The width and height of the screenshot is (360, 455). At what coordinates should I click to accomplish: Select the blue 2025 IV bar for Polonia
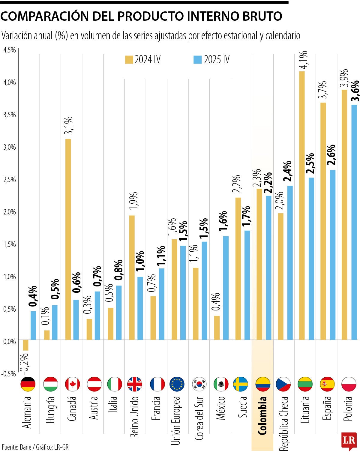pos(354,222)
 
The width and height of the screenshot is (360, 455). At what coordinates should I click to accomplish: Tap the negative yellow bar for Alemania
pos(26,345)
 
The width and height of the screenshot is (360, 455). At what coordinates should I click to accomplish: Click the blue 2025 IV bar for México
pos(226,288)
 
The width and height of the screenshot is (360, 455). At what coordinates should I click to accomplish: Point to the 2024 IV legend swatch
pos(129,59)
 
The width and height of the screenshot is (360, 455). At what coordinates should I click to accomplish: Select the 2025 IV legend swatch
pos(197,59)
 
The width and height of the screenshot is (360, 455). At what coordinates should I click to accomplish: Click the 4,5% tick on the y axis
pos(10,50)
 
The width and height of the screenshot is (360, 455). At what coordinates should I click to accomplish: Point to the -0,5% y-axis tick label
pos(9,374)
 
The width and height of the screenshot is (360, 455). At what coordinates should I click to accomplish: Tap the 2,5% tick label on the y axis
pos(10,179)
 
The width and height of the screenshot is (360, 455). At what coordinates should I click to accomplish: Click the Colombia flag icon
pos(263,384)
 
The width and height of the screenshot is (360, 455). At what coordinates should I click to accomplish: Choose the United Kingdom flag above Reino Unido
pos(135,384)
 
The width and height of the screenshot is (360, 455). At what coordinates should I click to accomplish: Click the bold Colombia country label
pos(262,415)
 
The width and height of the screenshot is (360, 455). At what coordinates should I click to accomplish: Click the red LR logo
pos(349,441)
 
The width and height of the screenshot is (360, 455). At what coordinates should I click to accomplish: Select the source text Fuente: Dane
pos(17,447)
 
